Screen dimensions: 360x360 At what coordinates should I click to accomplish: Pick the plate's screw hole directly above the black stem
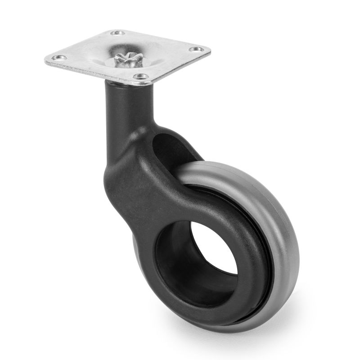(x=140, y=77)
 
